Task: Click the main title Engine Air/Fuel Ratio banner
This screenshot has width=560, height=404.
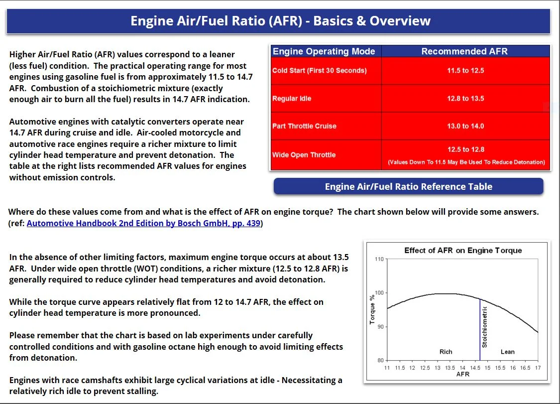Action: pos(280,21)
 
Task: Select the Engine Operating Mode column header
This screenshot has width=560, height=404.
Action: pos(324,51)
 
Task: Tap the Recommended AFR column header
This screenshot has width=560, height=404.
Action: pos(464,51)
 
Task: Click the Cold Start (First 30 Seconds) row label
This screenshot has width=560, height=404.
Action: pos(319,70)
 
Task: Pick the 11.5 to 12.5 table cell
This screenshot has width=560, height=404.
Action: pos(465,70)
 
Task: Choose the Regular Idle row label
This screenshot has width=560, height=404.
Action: pos(292,99)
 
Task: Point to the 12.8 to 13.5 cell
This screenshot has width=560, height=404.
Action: pos(465,99)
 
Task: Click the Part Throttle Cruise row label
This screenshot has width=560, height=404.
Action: pos(304,126)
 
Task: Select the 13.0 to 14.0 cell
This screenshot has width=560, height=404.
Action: pos(465,126)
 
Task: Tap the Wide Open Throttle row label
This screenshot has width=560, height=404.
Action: pos(304,154)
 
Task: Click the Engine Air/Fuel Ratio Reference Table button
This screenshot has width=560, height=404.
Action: pos(408,187)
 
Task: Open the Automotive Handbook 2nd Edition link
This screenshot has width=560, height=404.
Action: pos(143,223)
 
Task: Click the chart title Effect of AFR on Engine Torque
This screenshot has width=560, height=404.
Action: pos(463,250)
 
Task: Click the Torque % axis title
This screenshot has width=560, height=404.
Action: pos(372,309)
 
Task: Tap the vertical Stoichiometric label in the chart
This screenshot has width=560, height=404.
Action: pos(485,326)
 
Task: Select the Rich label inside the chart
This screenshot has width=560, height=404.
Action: pos(446,352)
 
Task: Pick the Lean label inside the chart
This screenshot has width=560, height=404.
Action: pos(507,352)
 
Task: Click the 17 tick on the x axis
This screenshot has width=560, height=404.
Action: pos(538,368)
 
